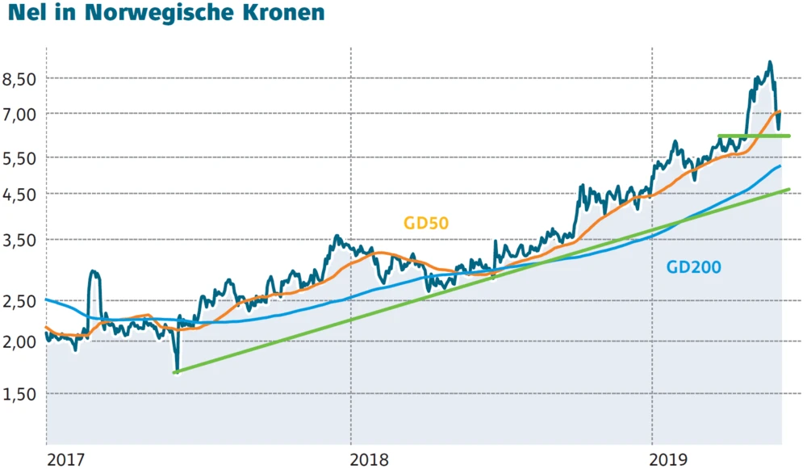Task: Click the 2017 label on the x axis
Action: (x=66, y=459)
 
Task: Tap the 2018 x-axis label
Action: (x=370, y=459)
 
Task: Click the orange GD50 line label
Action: (x=426, y=224)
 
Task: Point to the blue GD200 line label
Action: (x=693, y=267)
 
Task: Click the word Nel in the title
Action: (x=25, y=13)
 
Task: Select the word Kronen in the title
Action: (x=282, y=13)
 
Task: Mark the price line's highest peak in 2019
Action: (x=770, y=61)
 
